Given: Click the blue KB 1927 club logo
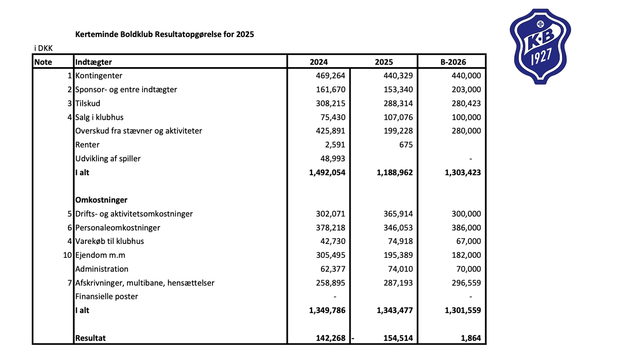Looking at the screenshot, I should coord(540,46).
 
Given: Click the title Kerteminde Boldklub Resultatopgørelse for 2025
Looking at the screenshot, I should coord(164,34).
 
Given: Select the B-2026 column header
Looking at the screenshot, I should coord(453,62).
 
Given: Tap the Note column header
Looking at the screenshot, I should coord(43,62).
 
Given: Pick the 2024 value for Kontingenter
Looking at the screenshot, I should coord(330,76).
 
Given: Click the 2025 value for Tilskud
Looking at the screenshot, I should coord(398,103).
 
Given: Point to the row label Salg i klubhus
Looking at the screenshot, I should coord(99,117).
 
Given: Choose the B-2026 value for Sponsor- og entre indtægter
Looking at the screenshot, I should coord(466,90).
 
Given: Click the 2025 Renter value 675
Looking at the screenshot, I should coord(406,145).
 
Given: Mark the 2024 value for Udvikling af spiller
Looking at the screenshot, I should coord(332,158).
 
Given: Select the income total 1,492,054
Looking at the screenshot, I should coord(327,172).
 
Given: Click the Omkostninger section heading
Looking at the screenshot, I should coord(101,200).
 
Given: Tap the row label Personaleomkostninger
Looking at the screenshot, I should coord(118,228).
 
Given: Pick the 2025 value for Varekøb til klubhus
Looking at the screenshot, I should coord(400,241).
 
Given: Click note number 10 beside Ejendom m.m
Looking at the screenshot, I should coord(67,255).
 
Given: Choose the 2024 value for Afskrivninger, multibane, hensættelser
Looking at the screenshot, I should coord(330,283).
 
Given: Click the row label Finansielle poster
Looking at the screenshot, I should coord(107,296).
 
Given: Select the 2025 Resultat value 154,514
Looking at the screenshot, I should coord(398,338).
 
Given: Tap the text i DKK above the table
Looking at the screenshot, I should coord(44,48).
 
